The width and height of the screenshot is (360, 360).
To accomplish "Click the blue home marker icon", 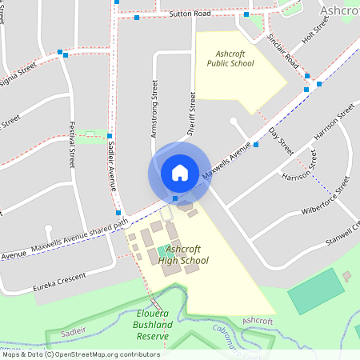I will (179, 172).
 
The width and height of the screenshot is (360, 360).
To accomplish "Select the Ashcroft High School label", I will (183, 254).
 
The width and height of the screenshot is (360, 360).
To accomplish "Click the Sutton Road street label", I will (190, 14).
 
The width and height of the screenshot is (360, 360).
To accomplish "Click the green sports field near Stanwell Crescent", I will (314, 291).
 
